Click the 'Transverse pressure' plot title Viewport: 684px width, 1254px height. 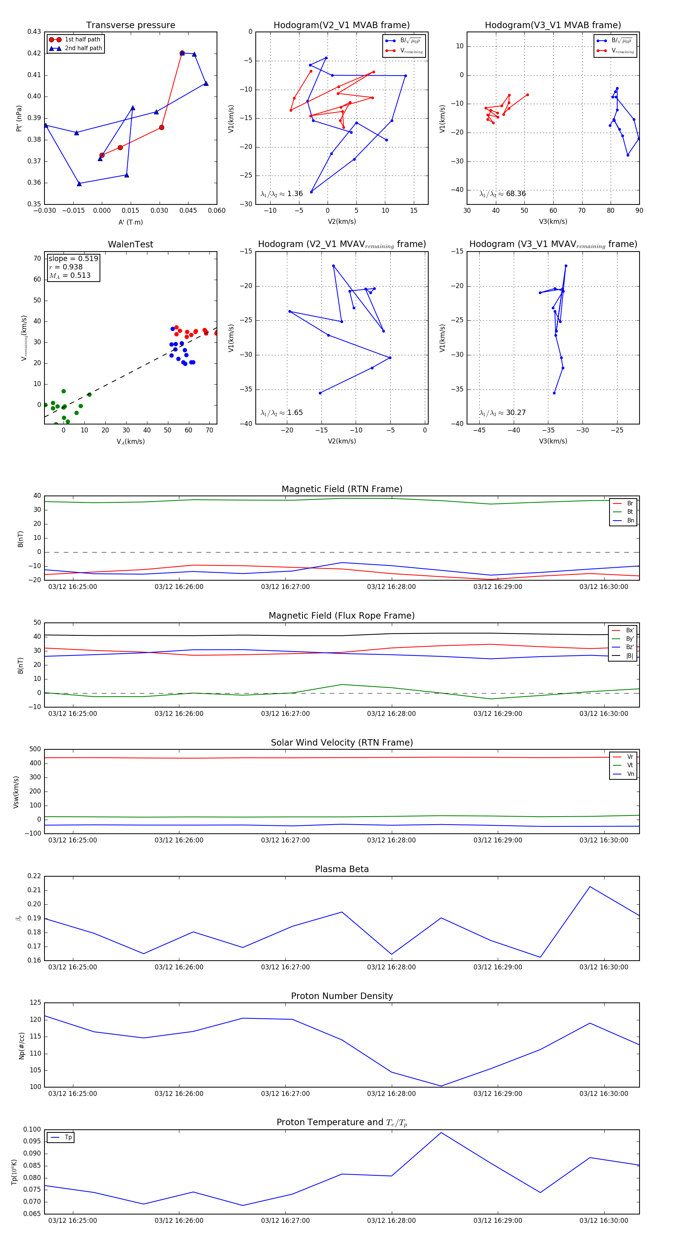(x=130, y=25)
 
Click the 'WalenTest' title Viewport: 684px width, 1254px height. (x=130, y=244)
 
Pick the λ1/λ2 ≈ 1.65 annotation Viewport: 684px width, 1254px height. (x=281, y=413)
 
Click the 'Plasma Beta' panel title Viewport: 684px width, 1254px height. (x=342, y=869)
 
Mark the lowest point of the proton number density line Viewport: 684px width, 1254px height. (x=441, y=1086)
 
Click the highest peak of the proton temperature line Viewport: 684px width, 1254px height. (x=441, y=1133)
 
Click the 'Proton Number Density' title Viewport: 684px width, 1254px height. (x=342, y=996)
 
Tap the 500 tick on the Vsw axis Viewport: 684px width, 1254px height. (x=35, y=749)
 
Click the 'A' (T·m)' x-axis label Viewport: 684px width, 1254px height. (x=130, y=222)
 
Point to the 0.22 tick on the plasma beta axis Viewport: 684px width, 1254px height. (x=34, y=876)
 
